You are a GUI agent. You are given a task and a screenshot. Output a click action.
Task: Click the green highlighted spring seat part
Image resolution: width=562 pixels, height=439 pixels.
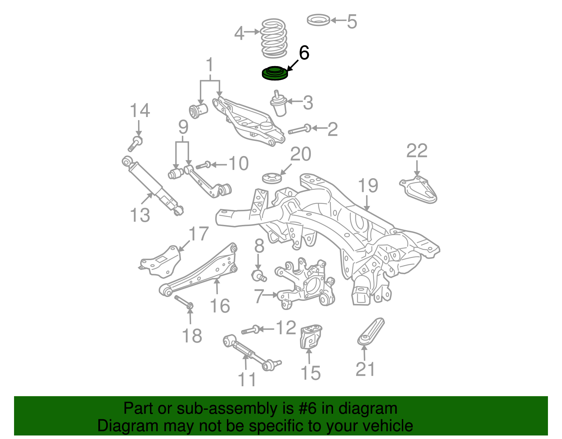[x=275, y=73]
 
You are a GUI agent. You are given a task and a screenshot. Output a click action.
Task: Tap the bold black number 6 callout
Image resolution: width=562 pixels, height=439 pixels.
[x=304, y=53]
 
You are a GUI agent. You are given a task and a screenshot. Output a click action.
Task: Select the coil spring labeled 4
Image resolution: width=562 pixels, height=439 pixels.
[x=274, y=39]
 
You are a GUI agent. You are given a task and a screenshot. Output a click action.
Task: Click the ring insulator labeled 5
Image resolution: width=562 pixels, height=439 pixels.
[x=318, y=20]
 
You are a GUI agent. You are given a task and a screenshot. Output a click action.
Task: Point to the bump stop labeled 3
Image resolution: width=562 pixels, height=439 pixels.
[x=279, y=104]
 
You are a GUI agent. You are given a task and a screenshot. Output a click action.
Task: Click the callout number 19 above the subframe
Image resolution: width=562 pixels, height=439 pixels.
[x=368, y=186]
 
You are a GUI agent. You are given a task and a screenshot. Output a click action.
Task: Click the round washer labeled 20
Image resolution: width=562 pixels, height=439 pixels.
[x=272, y=178]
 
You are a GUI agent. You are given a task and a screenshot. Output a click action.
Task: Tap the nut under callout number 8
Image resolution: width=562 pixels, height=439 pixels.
[x=259, y=275]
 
